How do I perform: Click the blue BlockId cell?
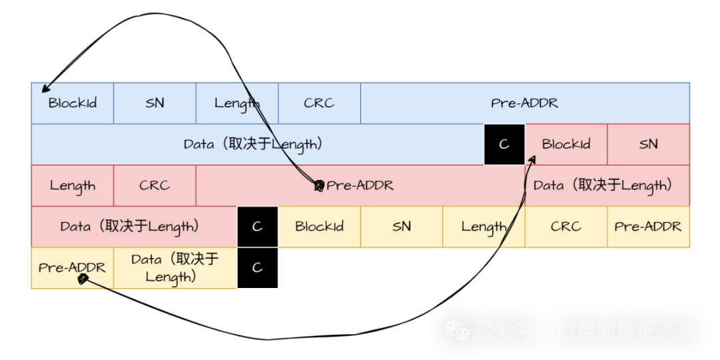pos(72,103)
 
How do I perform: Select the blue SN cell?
pos(155,103)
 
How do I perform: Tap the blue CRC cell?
pos(319,103)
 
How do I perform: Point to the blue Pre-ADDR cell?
pos(525,103)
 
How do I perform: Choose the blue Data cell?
pos(257,144)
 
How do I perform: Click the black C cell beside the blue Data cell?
pos(504,144)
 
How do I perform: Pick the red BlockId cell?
pos(566,144)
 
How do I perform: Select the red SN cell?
pos(648,144)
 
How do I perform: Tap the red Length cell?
pos(72,185)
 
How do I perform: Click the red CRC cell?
pos(155,185)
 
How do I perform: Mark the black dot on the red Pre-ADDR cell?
pos(319,185)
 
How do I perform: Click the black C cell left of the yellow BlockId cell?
pos(257,227)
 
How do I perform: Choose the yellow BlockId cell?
pos(319,227)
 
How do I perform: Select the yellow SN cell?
pos(401,227)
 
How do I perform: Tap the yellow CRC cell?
pos(566,227)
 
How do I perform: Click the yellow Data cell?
pos(175,268)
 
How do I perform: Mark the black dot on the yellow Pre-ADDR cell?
pos(82,279)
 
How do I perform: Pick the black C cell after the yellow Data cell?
pos(257,268)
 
